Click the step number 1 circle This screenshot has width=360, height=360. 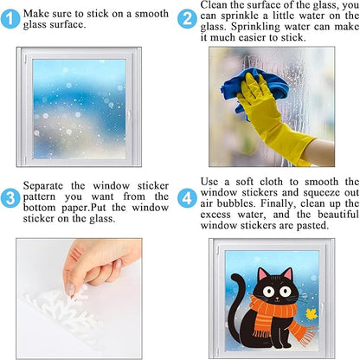[x=10, y=19]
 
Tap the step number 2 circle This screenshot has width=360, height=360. [x=187, y=19]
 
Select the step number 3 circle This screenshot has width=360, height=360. [x=10, y=198]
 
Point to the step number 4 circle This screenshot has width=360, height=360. [x=187, y=198]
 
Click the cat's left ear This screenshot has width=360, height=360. [x=263, y=274]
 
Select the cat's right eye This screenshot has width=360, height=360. [x=286, y=292]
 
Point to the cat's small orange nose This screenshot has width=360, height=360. [x=277, y=299]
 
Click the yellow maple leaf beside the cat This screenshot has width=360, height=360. [x=312, y=314]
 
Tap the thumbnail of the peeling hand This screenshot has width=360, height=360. [x=71, y=290]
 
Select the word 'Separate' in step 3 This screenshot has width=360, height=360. [x=42, y=186]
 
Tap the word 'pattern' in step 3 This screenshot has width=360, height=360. [x=39, y=197]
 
